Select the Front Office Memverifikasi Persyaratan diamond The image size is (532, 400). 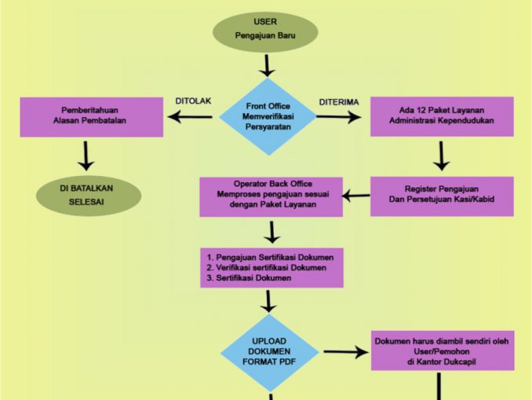(x=268, y=116)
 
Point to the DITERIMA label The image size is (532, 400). (x=339, y=101)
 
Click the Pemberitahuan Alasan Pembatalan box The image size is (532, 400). (x=92, y=116)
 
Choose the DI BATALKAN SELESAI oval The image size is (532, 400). (x=85, y=195)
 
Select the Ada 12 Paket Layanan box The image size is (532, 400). (x=441, y=116)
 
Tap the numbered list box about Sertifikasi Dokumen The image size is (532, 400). (x=271, y=267)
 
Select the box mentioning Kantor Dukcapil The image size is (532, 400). (x=442, y=350)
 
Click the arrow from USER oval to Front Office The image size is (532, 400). (x=267, y=64)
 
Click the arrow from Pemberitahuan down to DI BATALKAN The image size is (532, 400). (x=86, y=155)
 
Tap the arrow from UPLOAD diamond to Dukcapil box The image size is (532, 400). (x=345, y=353)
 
